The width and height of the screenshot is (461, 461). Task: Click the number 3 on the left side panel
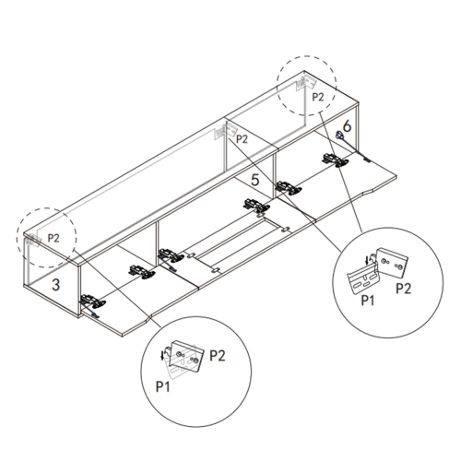tap(55, 285)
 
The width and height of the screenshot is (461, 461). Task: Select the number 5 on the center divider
tap(255, 180)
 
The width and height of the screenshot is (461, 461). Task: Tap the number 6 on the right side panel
tap(347, 125)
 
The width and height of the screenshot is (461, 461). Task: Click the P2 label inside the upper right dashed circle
tap(318, 97)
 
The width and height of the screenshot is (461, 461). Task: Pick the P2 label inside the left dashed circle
tap(53, 238)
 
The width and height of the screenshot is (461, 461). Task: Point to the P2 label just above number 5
tap(242, 139)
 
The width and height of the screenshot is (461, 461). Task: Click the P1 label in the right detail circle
tap(368, 301)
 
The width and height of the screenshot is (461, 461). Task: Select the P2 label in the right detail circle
tap(403, 289)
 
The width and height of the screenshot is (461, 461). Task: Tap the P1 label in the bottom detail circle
tap(163, 386)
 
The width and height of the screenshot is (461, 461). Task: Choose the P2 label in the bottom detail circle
tap(218, 356)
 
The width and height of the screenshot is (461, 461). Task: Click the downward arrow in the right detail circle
tap(366, 261)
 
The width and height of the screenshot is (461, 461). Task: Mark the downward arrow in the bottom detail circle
tap(162, 355)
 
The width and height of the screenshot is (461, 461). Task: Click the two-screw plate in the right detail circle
tap(393, 262)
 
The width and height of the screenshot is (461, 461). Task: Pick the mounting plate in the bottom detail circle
tap(187, 357)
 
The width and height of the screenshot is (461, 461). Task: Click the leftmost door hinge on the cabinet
tap(93, 301)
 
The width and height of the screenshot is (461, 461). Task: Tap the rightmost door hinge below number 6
tap(336, 160)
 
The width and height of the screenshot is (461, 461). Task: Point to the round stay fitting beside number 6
tap(340, 135)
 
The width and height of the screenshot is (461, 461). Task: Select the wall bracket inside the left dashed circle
tap(33, 240)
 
